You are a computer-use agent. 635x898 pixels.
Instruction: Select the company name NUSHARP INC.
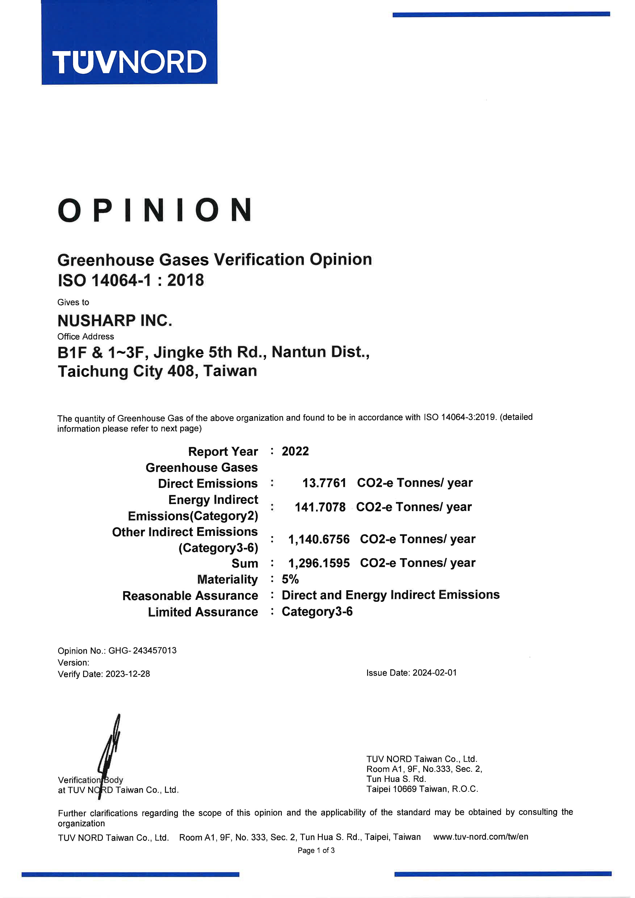point(115,321)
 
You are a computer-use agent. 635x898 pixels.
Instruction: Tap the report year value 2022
point(295,451)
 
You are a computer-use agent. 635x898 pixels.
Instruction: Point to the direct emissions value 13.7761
point(324,483)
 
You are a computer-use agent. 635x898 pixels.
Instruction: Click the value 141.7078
point(320,507)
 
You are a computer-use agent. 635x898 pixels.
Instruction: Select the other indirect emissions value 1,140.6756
point(318,539)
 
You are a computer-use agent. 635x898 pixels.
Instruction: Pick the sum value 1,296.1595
point(318,563)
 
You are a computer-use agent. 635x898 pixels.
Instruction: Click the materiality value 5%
point(290,579)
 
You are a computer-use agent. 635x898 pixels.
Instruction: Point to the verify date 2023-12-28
point(128,674)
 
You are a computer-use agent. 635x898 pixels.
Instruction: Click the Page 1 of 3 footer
point(316,850)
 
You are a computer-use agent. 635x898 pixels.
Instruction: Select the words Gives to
point(73,302)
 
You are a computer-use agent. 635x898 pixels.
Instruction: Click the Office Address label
point(86,337)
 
